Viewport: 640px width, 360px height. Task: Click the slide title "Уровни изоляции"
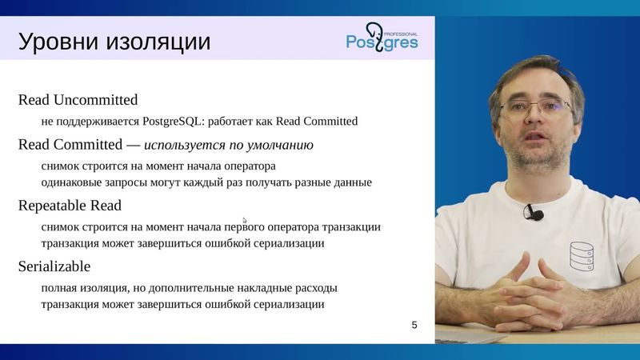114,41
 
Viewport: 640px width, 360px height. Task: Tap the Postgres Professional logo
382,37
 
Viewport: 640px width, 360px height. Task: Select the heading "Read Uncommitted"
78,100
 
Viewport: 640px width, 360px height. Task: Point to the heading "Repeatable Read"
70,205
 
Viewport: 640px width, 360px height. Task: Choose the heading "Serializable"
54,266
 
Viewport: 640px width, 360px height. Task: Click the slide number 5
414,325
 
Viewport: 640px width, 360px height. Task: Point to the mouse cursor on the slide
245,220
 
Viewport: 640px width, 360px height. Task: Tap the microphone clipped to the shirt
534,213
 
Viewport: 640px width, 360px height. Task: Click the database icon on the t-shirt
582,254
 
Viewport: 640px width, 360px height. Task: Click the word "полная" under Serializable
61,287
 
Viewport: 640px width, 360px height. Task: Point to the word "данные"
352,182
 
